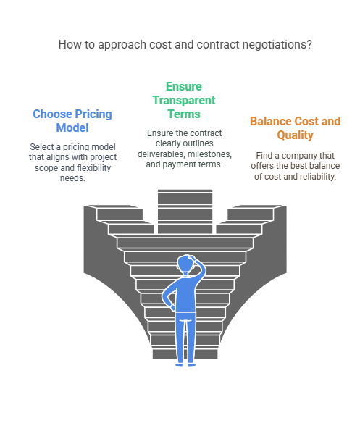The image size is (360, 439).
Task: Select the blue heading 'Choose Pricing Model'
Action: (72, 121)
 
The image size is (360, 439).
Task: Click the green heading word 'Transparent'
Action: (184, 100)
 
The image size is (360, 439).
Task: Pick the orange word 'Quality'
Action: (295, 135)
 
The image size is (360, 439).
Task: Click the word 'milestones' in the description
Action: (209, 154)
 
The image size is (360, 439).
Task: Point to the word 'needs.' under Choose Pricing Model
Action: (72, 178)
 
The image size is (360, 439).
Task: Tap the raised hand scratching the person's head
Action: (193, 258)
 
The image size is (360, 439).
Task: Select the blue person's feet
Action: (185, 364)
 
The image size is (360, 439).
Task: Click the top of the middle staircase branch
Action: (185, 191)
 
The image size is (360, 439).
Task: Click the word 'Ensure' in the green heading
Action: (184, 86)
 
